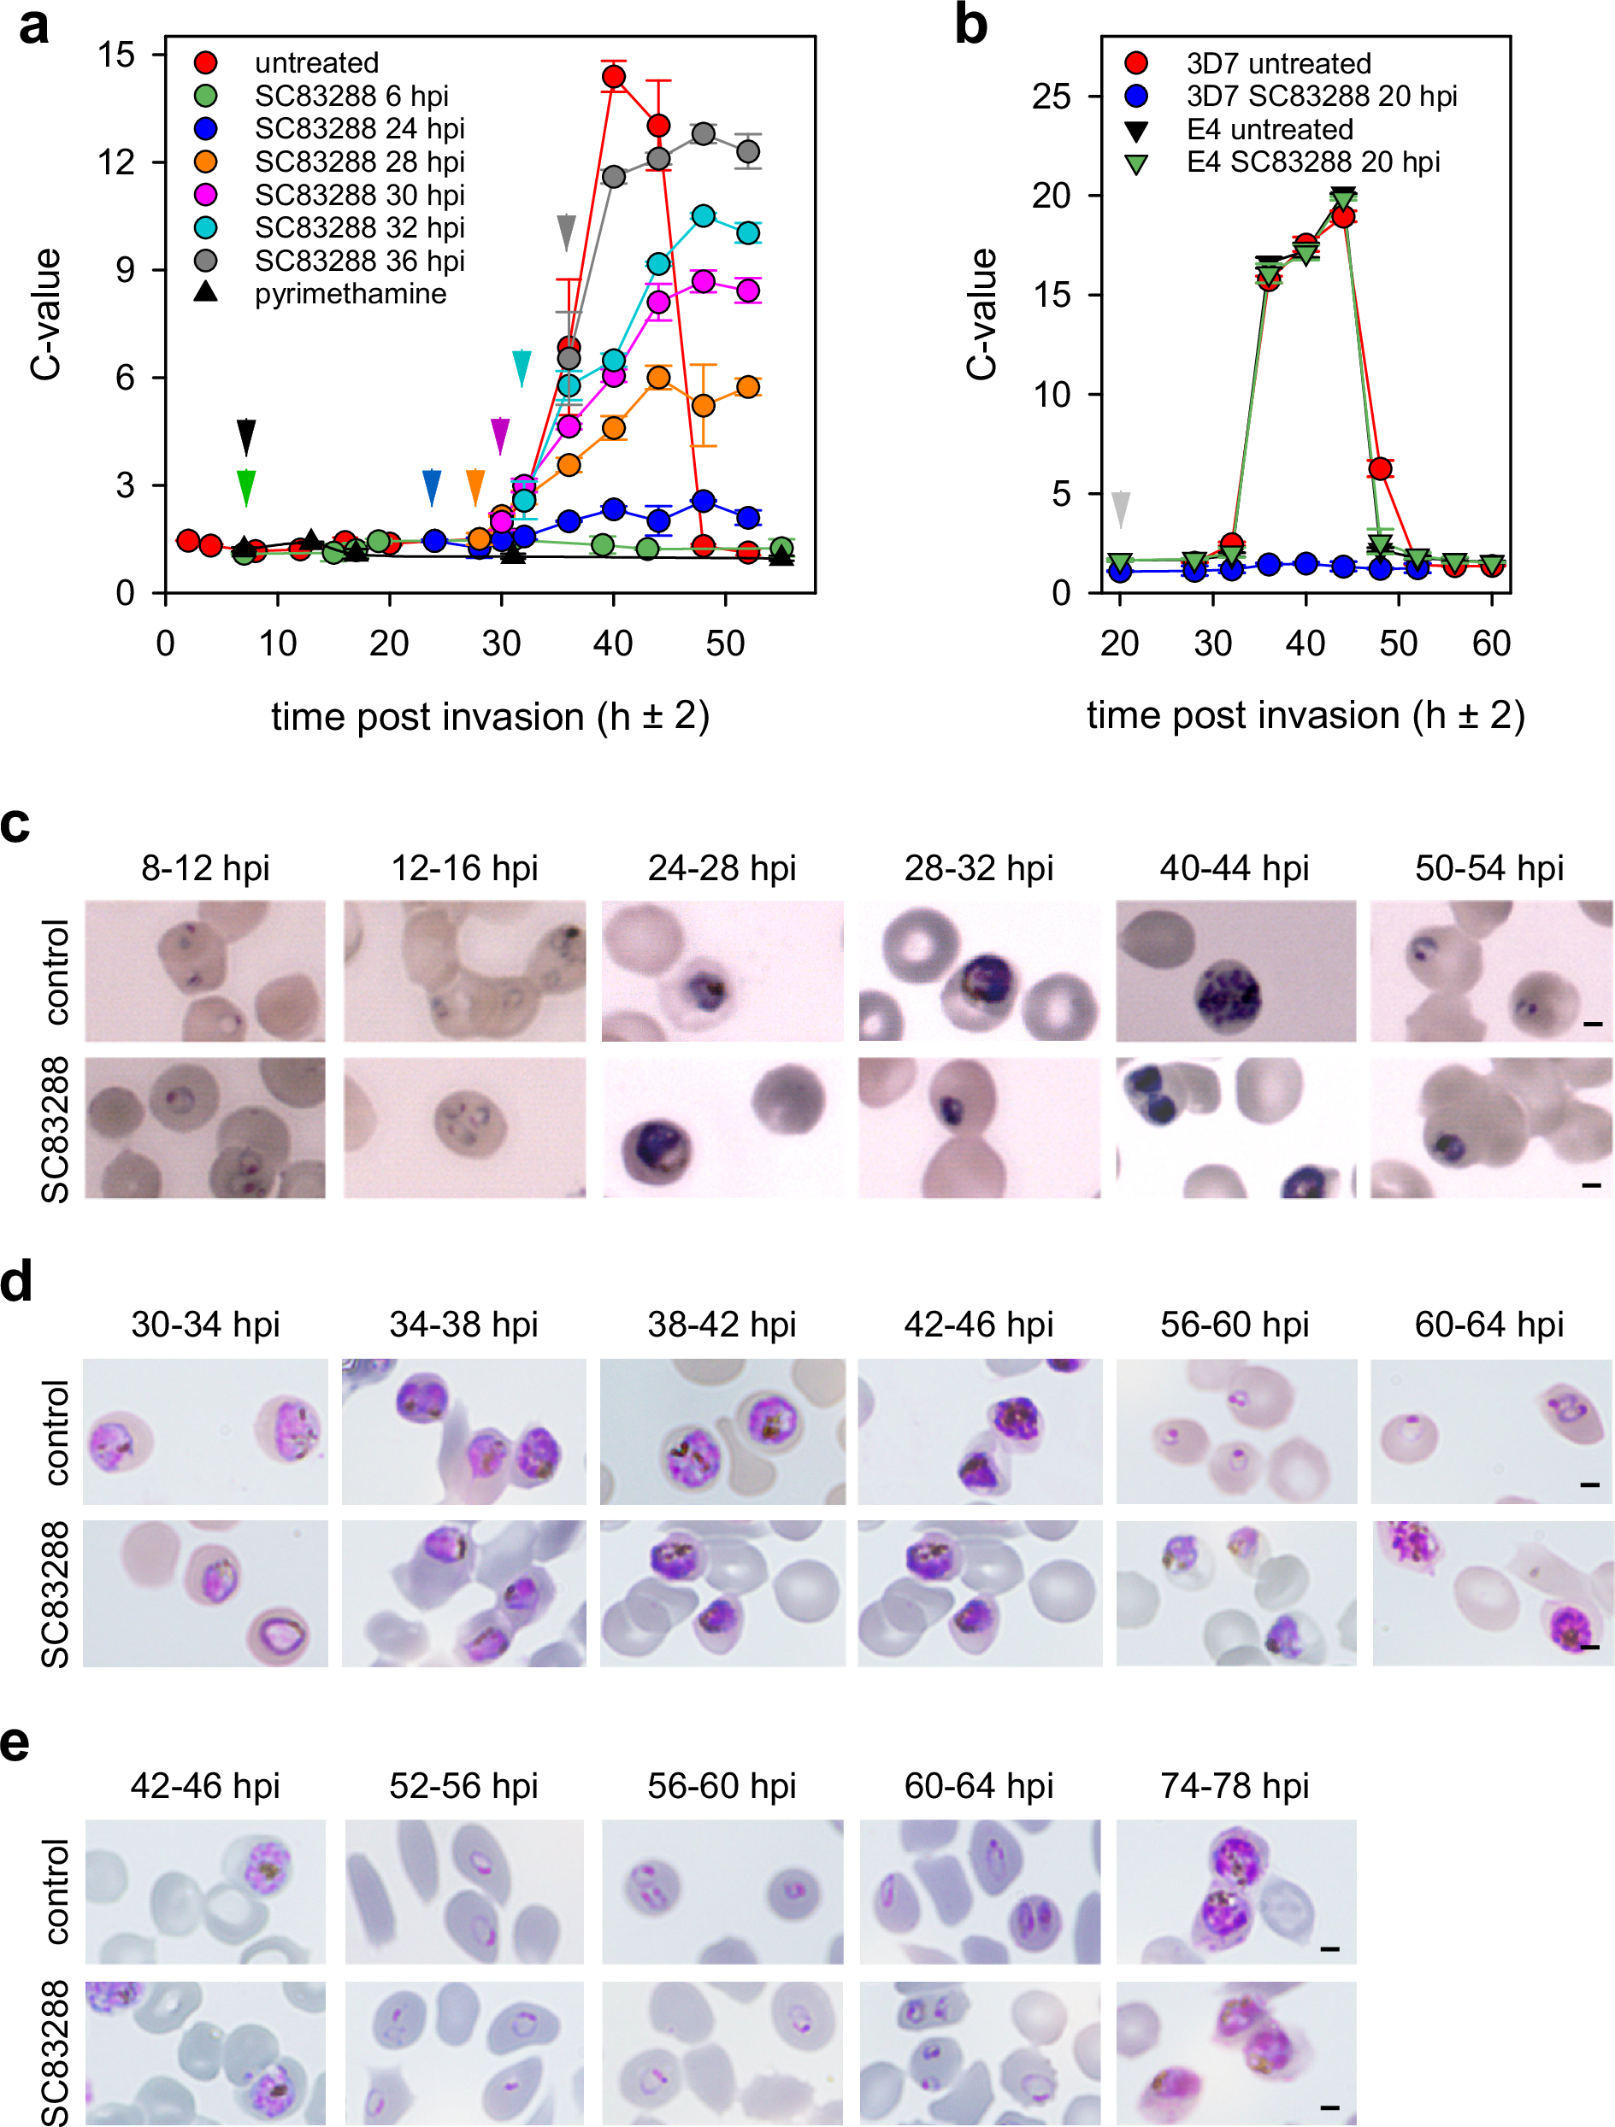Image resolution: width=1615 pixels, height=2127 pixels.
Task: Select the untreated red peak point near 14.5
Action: pos(614,76)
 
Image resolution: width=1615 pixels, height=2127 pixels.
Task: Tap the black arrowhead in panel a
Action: pos(246,436)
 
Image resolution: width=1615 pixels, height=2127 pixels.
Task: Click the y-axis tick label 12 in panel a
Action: pos(116,162)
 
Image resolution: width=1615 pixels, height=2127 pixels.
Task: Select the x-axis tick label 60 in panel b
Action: pos(1491,643)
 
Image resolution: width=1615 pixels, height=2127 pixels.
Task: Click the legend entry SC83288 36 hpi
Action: pos(359,261)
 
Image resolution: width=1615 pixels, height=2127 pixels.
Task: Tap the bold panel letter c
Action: pos(15,825)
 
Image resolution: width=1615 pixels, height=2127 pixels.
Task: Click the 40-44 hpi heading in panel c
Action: pos(1234,867)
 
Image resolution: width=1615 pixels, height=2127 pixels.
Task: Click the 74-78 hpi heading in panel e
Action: pos(1234,1786)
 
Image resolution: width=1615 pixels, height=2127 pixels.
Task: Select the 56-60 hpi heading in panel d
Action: pos(1234,1324)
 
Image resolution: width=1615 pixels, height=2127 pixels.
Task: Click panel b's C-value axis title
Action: pos(982,314)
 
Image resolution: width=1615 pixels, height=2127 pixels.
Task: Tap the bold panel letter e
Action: pos(15,1743)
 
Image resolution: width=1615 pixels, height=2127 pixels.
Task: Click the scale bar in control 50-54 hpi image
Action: pos(1593,1024)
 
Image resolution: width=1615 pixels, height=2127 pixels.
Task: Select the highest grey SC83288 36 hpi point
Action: pos(703,133)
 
